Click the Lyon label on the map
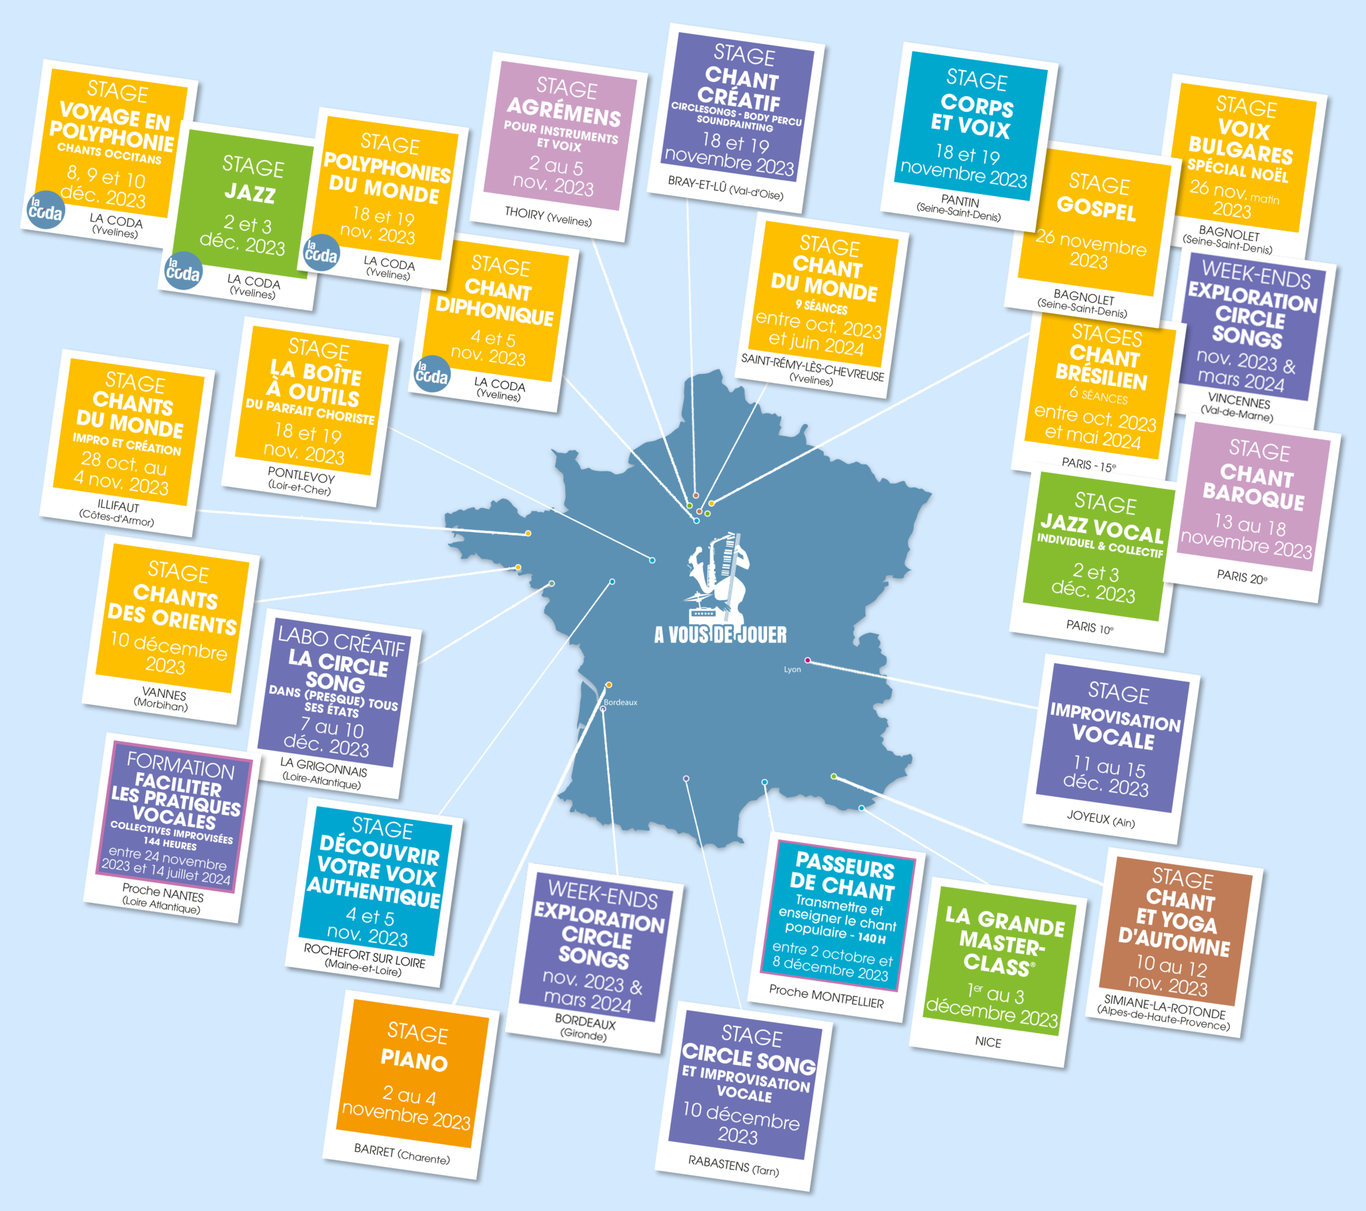tap(792, 669)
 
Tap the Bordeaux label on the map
tap(620, 702)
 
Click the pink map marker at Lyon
tap(807, 660)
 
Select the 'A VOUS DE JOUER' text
tap(720, 635)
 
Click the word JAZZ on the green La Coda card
tap(250, 193)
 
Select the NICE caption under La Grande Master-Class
tap(988, 1042)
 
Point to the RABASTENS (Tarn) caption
tap(733, 1166)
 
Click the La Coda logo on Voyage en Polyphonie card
tap(45, 211)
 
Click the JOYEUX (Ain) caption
tap(1101, 820)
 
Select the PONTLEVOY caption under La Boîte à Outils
tap(301, 475)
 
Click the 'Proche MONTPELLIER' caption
tap(826, 997)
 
